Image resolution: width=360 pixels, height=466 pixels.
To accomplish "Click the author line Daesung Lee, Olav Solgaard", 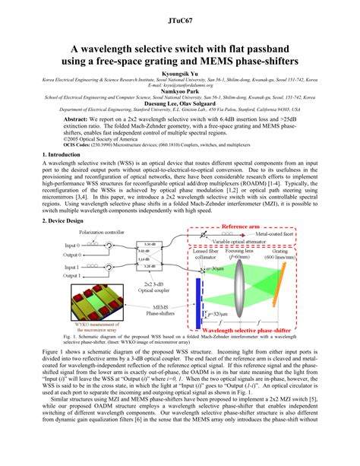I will pos(179,104).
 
